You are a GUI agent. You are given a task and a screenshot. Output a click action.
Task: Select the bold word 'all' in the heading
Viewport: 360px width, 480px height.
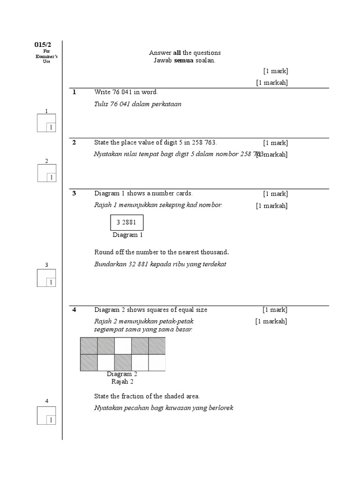171,53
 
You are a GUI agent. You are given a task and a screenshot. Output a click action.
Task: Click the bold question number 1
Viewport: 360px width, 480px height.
74,92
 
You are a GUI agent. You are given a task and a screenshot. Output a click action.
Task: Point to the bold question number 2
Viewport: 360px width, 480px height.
74,142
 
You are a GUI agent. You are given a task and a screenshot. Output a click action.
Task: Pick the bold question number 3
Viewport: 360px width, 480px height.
74,193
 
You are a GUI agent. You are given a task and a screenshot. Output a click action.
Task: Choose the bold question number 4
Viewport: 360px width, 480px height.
74,309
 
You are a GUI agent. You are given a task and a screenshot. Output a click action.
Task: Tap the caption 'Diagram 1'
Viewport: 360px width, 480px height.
127,235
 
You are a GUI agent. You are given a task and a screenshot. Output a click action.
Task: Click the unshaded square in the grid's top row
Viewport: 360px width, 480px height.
123,346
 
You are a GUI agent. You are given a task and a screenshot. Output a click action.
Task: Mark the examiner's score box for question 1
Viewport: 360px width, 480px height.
46,123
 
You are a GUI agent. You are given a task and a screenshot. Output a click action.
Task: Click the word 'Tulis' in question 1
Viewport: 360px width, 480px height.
101,104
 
